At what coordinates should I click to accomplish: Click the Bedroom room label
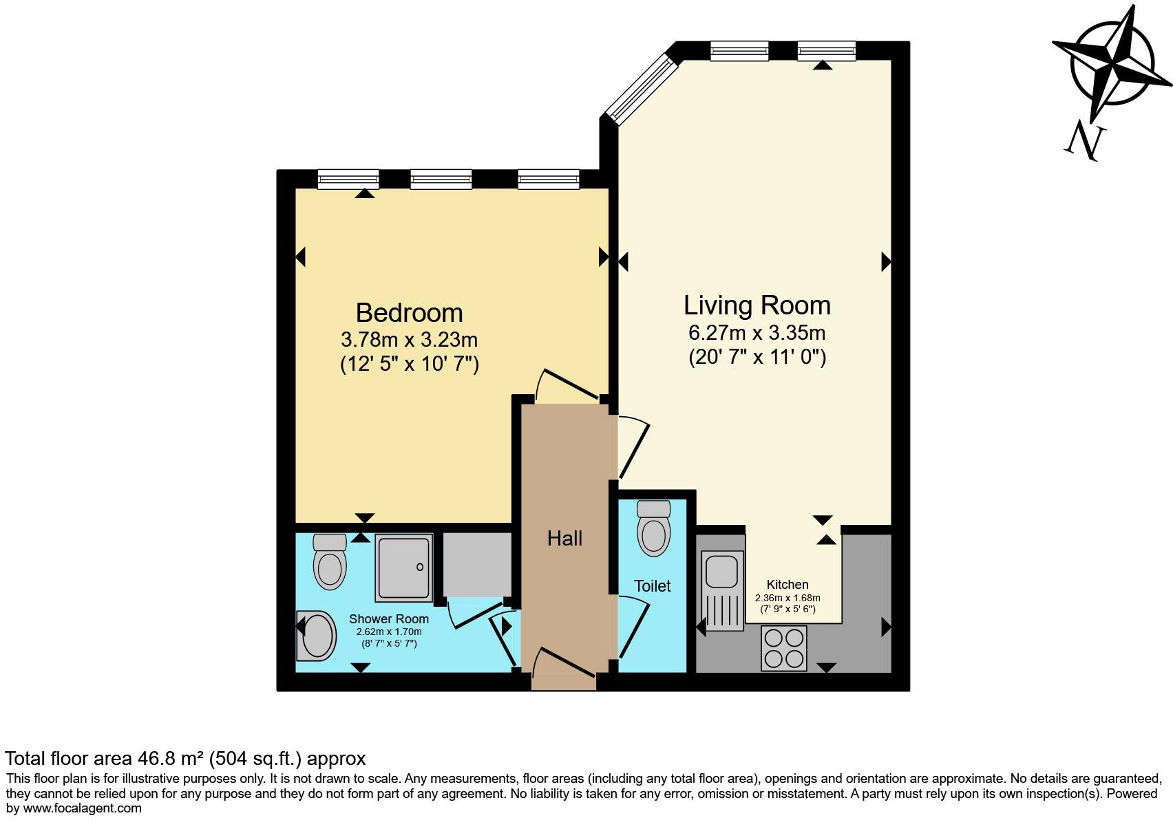[409, 313]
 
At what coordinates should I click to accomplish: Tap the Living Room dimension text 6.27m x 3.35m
[757, 333]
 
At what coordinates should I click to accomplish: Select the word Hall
[564, 538]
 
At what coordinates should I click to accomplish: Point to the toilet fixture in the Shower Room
[330, 561]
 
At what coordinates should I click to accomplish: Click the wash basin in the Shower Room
[317, 636]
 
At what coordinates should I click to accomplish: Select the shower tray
[404, 568]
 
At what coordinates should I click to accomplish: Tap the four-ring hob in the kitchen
[784, 648]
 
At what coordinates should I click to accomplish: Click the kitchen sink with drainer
[722, 590]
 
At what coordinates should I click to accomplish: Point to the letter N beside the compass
[1085, 142]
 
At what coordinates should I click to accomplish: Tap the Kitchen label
[788, 585]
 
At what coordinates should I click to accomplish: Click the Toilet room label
[652, 586]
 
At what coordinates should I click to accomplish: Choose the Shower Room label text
[388, 619]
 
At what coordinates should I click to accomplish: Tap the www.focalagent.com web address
[82, 808]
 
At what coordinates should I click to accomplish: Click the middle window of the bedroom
[441, 180]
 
